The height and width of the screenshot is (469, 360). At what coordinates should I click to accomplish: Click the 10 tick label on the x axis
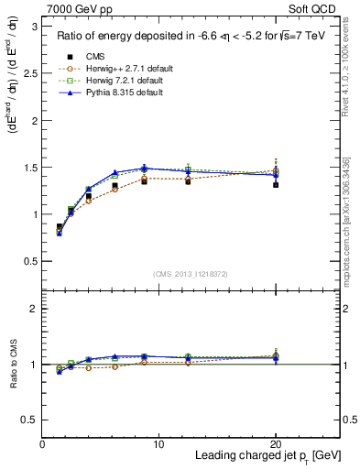pos(158,444)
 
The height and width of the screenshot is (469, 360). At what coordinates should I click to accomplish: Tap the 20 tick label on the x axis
pos(275,444)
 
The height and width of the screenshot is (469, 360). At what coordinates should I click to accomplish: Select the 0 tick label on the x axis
pos(42,444)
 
